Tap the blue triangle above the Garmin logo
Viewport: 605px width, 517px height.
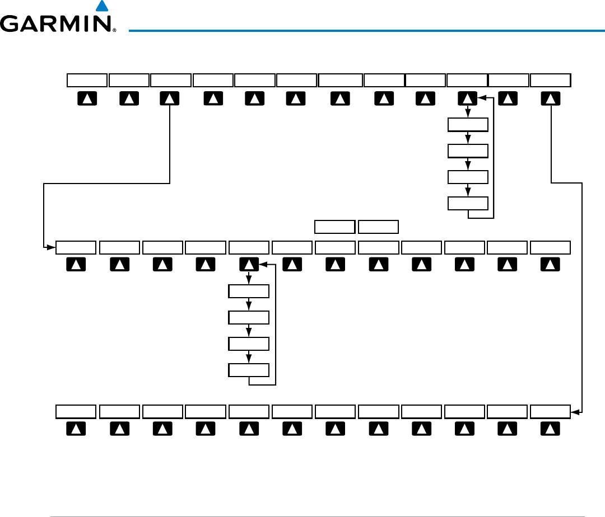(101, 6)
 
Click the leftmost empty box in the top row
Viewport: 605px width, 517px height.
(87, 80)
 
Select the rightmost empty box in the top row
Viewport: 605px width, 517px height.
(551, 80)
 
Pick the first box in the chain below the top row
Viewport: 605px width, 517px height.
(468, 124)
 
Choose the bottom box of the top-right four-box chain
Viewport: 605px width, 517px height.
(468, 203)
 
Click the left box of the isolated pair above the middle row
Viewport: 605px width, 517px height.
(334, 227)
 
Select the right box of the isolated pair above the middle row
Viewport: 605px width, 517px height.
(378, 227)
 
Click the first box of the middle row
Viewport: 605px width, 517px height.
(76, 247)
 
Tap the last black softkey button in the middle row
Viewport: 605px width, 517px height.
(551, 265)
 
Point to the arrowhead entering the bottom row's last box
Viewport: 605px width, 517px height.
(574, 412)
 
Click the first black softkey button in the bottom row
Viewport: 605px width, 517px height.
(76, 429)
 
